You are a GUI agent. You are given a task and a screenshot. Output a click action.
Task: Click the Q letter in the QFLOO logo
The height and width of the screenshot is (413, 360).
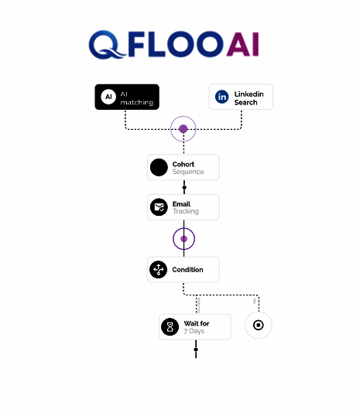pos(106,45)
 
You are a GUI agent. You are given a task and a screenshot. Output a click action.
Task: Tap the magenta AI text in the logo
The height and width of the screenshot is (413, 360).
pos(242,44)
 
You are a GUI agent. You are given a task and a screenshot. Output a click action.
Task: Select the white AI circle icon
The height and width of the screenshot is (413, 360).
pos(108,97)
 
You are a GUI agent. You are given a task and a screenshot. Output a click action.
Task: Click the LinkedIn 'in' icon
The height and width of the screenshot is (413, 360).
pos(221,97)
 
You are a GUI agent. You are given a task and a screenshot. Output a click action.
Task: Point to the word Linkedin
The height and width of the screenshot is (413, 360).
pos(249,94)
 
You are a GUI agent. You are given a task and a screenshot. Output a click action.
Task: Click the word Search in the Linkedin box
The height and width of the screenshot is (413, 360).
pos(245,102)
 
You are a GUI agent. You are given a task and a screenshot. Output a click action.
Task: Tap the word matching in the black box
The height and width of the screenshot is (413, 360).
pos(136,102)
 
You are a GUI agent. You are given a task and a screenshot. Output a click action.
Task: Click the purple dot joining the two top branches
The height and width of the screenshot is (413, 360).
pos(183,129)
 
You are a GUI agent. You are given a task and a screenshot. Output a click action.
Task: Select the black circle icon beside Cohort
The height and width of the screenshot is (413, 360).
pos(159,167)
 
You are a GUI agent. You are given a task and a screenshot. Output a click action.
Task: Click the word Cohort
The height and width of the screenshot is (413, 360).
pos(183,164)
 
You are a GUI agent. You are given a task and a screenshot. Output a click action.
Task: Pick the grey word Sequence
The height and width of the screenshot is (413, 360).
pos(188,172)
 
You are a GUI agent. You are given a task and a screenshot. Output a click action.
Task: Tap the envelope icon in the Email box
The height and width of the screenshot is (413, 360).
pos(159,207)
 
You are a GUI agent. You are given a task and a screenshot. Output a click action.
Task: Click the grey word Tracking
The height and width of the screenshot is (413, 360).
pos(186,211)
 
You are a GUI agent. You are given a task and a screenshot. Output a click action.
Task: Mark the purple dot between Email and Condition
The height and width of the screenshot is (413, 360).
pos(183,239)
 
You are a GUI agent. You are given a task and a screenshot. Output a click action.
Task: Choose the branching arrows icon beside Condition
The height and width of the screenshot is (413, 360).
pos(158,269)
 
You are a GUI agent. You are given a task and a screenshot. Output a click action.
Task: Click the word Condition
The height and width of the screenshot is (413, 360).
pos(187,270)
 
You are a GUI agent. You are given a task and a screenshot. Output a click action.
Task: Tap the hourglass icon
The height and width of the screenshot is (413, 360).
pos(170,327)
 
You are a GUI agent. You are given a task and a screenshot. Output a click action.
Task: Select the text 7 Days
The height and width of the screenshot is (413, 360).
pos(194,331)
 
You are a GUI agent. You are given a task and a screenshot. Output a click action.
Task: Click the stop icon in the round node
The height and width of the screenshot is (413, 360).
pos(259,325)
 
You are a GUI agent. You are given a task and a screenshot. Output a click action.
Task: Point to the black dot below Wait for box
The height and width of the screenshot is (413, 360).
pos(196,350)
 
